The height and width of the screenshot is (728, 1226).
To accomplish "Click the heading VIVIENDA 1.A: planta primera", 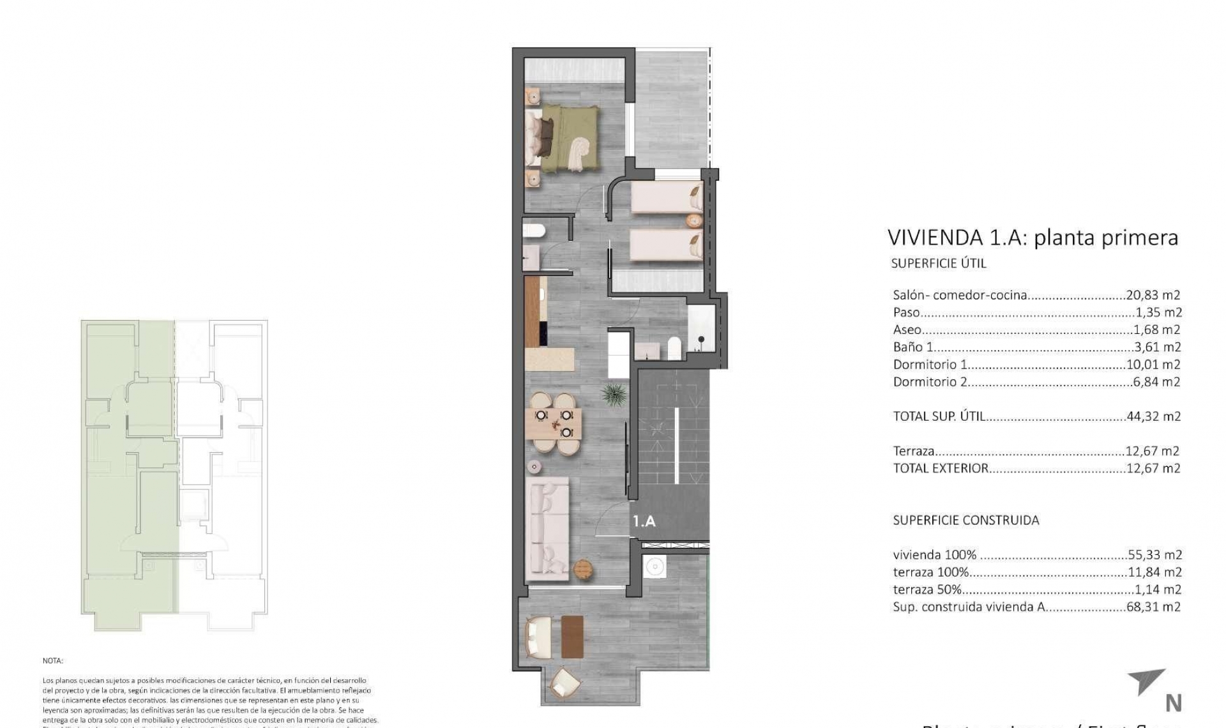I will [x=1033, y=238].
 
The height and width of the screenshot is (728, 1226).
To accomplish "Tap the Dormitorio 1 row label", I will [x=930, y=365].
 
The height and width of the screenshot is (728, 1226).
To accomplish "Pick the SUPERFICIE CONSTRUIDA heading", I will [x=965, y=520].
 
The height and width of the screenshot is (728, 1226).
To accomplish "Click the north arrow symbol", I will [x=1147, y=682].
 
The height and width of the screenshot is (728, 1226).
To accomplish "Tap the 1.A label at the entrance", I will [x=644, y=521].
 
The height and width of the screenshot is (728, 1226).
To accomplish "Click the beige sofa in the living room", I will [x=547, y=529].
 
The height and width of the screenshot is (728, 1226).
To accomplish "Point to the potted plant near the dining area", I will [x=613, y=394].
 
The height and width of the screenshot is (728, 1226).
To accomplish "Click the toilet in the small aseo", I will [x=533, y=231].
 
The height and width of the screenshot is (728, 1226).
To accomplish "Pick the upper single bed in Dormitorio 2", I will [x=667, y=197].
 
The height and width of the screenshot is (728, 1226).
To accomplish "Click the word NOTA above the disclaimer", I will [x=53, y=661].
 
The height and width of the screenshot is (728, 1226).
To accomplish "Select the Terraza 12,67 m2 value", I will [x=1152, y=451].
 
